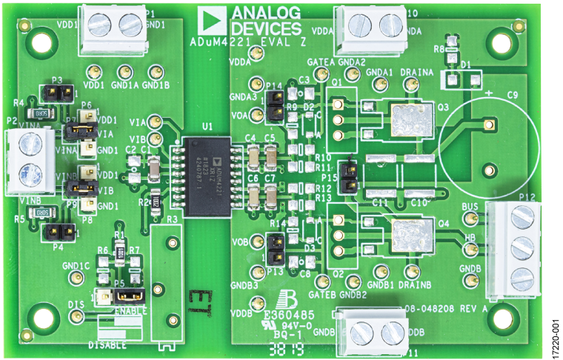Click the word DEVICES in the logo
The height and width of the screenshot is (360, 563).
(266, 28)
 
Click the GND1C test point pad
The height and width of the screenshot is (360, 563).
(75, 277)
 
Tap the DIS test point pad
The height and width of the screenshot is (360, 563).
(76, 316)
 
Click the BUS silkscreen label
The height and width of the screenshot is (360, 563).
(470, 207)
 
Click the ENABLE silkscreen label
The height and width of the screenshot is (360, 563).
(130, 311)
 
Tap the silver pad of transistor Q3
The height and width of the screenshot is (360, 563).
(410, 121)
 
